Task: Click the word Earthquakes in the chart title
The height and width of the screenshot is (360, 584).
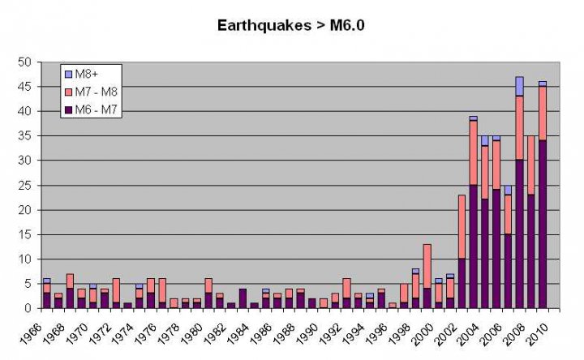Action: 264,26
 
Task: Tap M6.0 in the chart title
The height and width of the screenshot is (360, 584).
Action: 347,25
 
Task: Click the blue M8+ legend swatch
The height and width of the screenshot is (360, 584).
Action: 68,74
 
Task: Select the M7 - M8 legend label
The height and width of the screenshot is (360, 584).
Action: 97,92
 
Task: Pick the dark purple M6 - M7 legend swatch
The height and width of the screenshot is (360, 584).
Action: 68,109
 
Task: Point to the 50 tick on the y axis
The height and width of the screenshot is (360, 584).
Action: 26,62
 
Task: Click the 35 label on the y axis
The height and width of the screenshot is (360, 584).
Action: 26,136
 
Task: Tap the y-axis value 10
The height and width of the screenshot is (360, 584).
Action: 26,259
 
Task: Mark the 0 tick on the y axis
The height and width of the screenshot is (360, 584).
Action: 30,308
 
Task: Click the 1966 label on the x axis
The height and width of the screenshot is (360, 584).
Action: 31,333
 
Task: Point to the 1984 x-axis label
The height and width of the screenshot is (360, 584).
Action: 238,333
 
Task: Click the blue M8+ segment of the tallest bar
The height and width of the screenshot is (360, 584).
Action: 520,87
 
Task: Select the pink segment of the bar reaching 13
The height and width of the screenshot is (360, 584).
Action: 427,266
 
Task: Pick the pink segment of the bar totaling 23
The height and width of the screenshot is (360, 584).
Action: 462,227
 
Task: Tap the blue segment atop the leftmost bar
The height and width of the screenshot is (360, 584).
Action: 46,281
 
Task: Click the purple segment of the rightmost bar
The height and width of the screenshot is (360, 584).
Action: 543,224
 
